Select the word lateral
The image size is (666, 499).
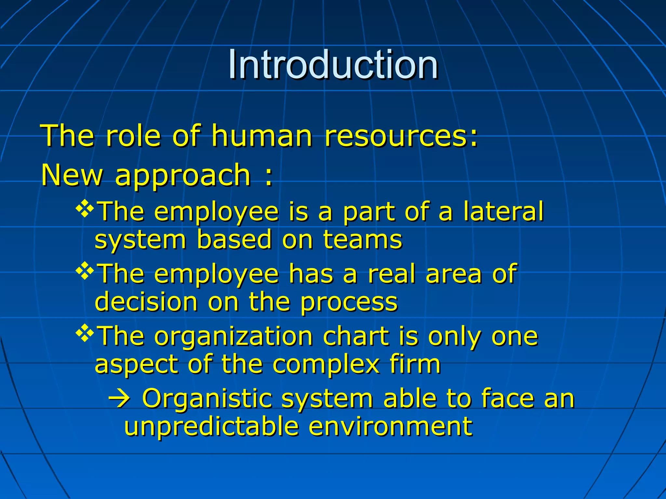pyautogui.click(x=503, y=211)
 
